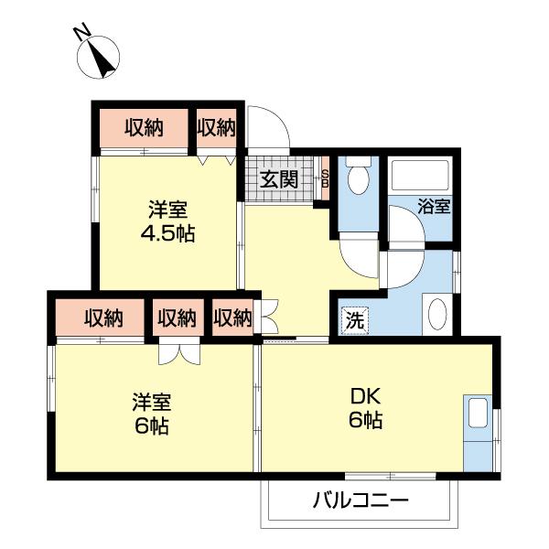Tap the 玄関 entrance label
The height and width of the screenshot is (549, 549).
pyautogui.click(x=278, y=178)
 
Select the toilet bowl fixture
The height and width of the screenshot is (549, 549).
pyautogui.click(x=358, y=178)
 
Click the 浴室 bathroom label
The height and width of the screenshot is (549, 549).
pyautogui.click(x=434, y=206)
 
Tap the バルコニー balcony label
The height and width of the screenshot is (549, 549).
pyautogui.click(x=359, y=501)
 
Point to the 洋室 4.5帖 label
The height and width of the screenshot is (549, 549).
pyautogui.click(x=166, y=221)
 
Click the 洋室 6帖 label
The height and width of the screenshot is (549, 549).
pyautogui.click(x=152, y=413)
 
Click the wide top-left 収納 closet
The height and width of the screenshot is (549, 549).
pyautogui.click(x=144, y=127)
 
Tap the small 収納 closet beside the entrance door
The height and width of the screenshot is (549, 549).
pyautogui.click(x=218, y=127)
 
